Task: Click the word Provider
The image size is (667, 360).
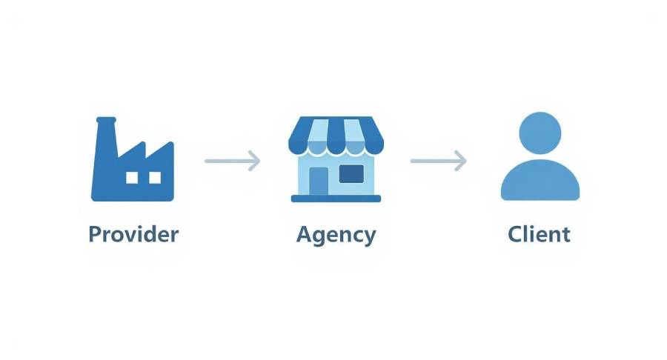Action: click(133, 235)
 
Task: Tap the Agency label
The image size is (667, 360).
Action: click(336, 236)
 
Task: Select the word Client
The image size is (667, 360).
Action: click(539, 235)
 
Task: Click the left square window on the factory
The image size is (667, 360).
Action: click(132, 178)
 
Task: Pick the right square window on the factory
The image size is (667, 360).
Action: click(155, 178)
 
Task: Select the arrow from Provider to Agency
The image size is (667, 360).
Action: click(232, 159)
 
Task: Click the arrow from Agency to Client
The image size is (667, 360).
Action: click(438, 159)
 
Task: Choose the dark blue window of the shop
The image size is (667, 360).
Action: click(351, 174)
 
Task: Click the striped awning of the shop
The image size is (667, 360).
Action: click(336, 133)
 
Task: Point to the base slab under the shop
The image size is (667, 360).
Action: click(336, 199)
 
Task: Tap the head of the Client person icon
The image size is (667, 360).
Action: click(540, 133)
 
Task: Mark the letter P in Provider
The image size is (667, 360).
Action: click(95, 235)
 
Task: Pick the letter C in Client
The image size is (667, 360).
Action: click(516, 235)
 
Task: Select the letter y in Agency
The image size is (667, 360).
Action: click(368, 238)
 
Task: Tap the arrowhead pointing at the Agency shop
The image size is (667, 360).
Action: click(255, 159)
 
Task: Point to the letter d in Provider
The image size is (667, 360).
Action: click(151, 235)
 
